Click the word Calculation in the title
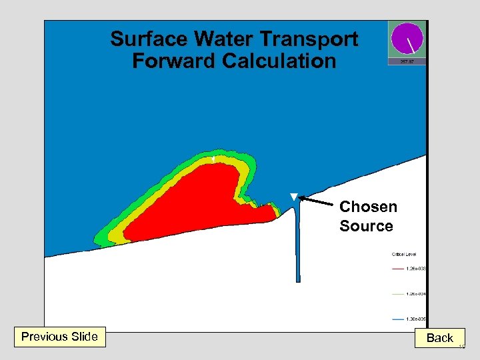point(279,61)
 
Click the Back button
point(440,338)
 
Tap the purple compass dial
point(407,39)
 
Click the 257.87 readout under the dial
point(407,61)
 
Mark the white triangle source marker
point(293,197)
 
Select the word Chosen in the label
point(368,207)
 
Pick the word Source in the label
point(366,226)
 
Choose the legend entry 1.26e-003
point(416,269)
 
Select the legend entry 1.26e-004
point(416,293)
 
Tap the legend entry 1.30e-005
point(416,319)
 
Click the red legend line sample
point(398,269)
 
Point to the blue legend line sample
point(398,319)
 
